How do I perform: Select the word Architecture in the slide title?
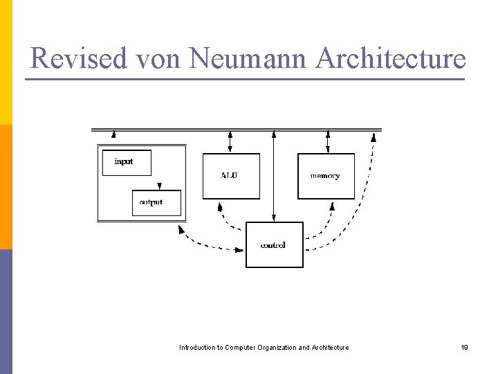[x=390, y=58]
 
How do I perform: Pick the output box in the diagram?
[x=156, y=202]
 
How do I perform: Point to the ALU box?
[x=231, y=176]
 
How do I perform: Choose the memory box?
[x=326, y=176]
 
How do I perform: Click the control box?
[x=274, y=244]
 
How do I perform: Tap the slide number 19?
[x=465, y=347]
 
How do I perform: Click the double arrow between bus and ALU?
[x=230, y=141]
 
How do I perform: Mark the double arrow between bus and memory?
[x=328, y=141]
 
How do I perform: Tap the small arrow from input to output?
[x=160, y=184]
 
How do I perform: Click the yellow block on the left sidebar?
[x=6, y=62]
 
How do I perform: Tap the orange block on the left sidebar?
[x=6, y=187]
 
